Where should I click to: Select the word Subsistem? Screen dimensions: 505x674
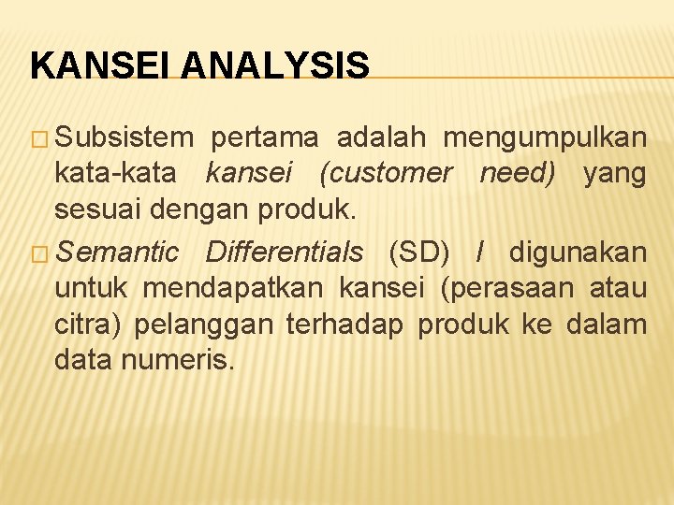[x=125, y=138]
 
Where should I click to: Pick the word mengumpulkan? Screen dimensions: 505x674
[x=545, y=138]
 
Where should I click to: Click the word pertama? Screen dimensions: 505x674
[x=266, y=138]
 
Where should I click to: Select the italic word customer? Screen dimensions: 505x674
[x=386, y=173]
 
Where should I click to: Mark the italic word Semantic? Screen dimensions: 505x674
[x=117, y=252]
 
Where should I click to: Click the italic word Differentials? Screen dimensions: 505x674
[x=284, y=252]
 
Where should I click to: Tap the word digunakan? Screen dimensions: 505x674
[x=578, y=252]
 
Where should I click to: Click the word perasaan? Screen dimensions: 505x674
[x=505, y=288]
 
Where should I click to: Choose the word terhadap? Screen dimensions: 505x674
[x=345, y=324]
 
